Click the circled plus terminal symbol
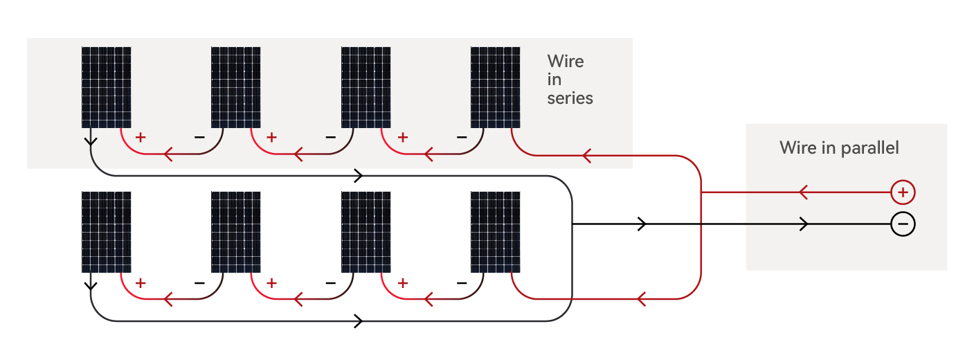[x=903, y=192]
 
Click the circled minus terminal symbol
[x=903, y=224]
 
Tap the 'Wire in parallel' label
[x=839, y=147]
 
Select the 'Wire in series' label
[x=569, y=80]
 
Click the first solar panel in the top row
[x=106, y=87]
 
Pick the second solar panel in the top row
[x=235, y=87]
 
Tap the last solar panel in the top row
[x=496, y=87]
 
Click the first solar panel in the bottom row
[x=106, y=232]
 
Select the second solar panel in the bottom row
[x=235, y=232]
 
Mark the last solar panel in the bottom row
[x=496, y=232]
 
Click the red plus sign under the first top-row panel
[x=141, y=137]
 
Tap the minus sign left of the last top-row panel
[x=462, y=137]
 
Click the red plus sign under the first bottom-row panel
[x=141, y=282]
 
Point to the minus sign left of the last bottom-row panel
[x=462, y=282]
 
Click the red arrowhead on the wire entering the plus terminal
[x=803, y=192]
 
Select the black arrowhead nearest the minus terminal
[x=804, y=224]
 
